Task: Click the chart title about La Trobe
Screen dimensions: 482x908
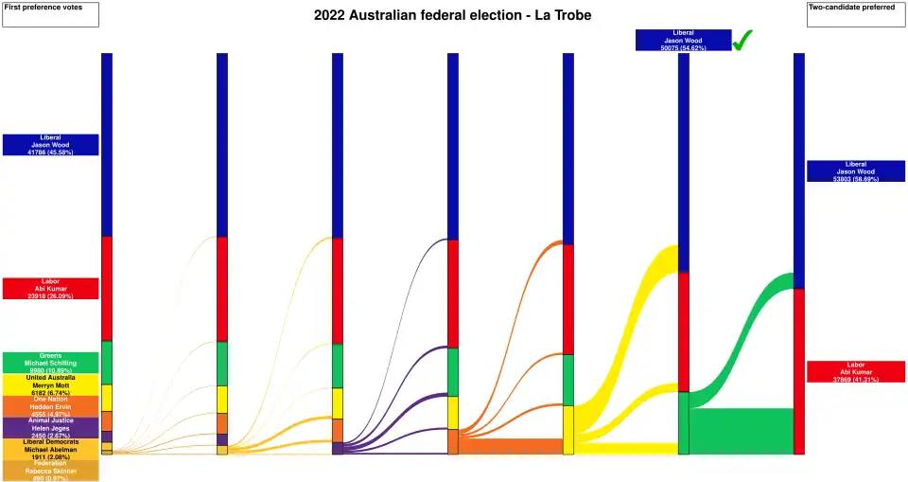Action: [452, 15]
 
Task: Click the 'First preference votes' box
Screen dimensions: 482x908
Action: [50, 14]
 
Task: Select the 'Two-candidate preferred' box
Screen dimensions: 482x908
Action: [856, 14]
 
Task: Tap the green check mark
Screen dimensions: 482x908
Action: [742, 40]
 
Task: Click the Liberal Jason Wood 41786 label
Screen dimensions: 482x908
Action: [50, 145]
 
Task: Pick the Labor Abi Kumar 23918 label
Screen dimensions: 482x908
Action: [50, 289]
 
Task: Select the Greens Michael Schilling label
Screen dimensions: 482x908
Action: [50, 363]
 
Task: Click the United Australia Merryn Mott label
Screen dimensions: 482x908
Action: [50, 384]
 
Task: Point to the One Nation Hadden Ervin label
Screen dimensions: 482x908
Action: [50, 406]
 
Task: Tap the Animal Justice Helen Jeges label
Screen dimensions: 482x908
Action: [50, 428]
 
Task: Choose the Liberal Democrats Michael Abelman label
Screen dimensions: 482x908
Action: [50, 449]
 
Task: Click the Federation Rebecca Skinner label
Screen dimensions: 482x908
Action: [50, 471]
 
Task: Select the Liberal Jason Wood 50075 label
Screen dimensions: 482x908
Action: [683, 40]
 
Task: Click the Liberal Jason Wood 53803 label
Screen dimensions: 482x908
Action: [856, 170]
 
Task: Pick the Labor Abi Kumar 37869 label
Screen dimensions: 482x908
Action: [856, 371]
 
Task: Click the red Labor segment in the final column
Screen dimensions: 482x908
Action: [799, 369]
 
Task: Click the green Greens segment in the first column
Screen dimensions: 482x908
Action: [107, 362]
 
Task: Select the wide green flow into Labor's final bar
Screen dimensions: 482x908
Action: [742, 431]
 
